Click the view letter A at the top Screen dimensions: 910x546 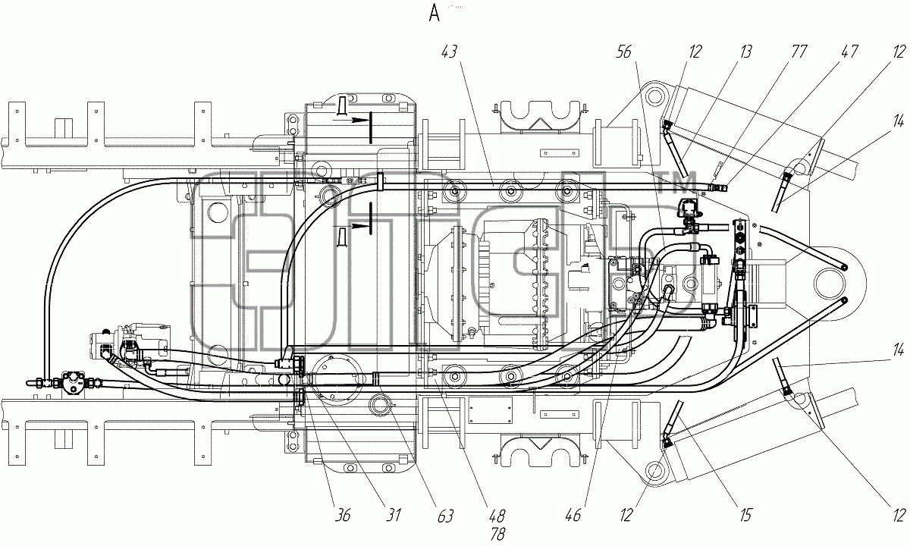coord(435,14)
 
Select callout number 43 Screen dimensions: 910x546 coord(448,52)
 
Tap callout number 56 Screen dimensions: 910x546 coord(623,52)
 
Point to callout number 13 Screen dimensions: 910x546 coord(744,52)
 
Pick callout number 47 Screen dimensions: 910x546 coord(849,52)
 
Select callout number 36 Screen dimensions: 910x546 coord(342,515)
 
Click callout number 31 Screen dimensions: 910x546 coord(394,515)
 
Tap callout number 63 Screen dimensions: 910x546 coord(445,516)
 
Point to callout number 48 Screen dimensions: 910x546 coord(497,516)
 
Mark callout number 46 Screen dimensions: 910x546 coord(573,515)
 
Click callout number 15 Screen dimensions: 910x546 coord(745,515)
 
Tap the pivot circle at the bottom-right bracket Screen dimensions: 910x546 coord(654,470)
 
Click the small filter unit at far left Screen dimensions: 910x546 coord(72,382)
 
